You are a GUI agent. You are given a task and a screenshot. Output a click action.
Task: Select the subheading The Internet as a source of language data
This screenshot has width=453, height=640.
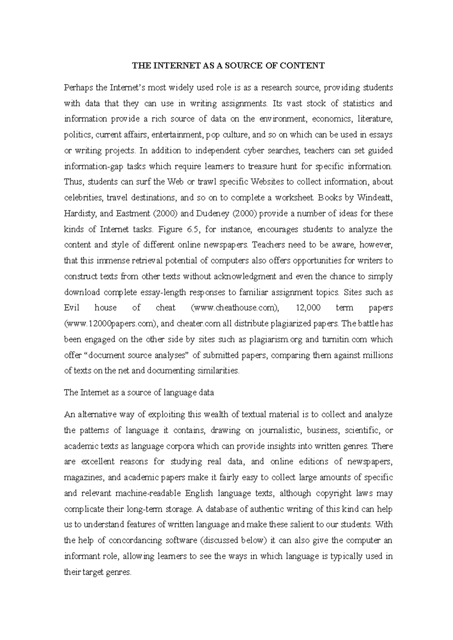(139, 392)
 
